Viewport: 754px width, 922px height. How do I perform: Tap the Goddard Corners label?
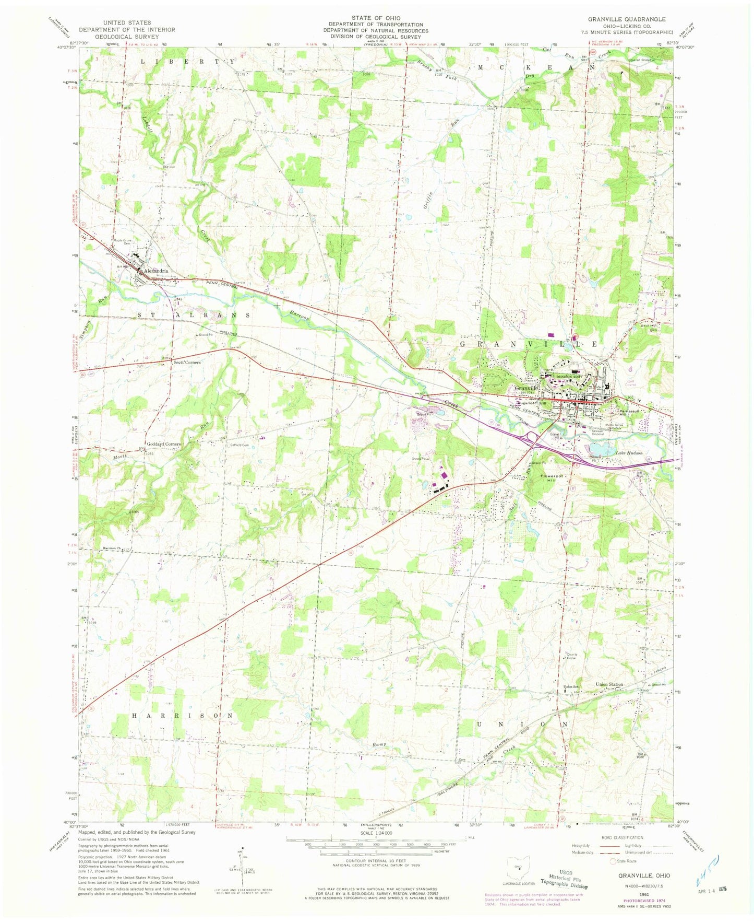(x=164, y=444)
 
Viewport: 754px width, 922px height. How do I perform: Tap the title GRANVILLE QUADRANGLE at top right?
(x=626, y=19)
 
